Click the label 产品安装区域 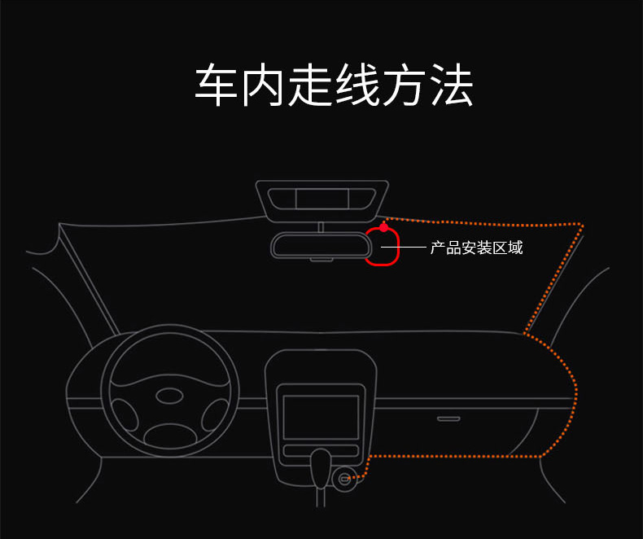pos(476,248)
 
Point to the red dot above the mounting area pos(383,227)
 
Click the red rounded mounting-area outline pos(398,246)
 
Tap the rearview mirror pos(321,245)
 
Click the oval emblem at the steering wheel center pos(169,397)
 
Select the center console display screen pos(321,417)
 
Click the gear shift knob pos(321,468)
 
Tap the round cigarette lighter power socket pos(343,478)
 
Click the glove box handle pos(448,418)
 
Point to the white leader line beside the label pos(404,247)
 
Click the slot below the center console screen pos(321,450)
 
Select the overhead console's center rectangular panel pos(322,199)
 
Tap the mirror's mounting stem pos(321,227)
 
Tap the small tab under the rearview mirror pos(321,260)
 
